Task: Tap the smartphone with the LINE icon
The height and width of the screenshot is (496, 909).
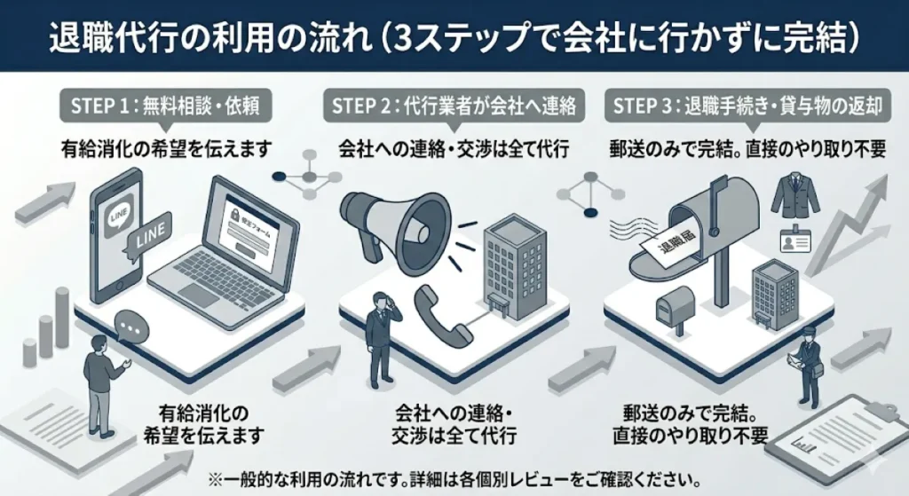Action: (x=119, y=231)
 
